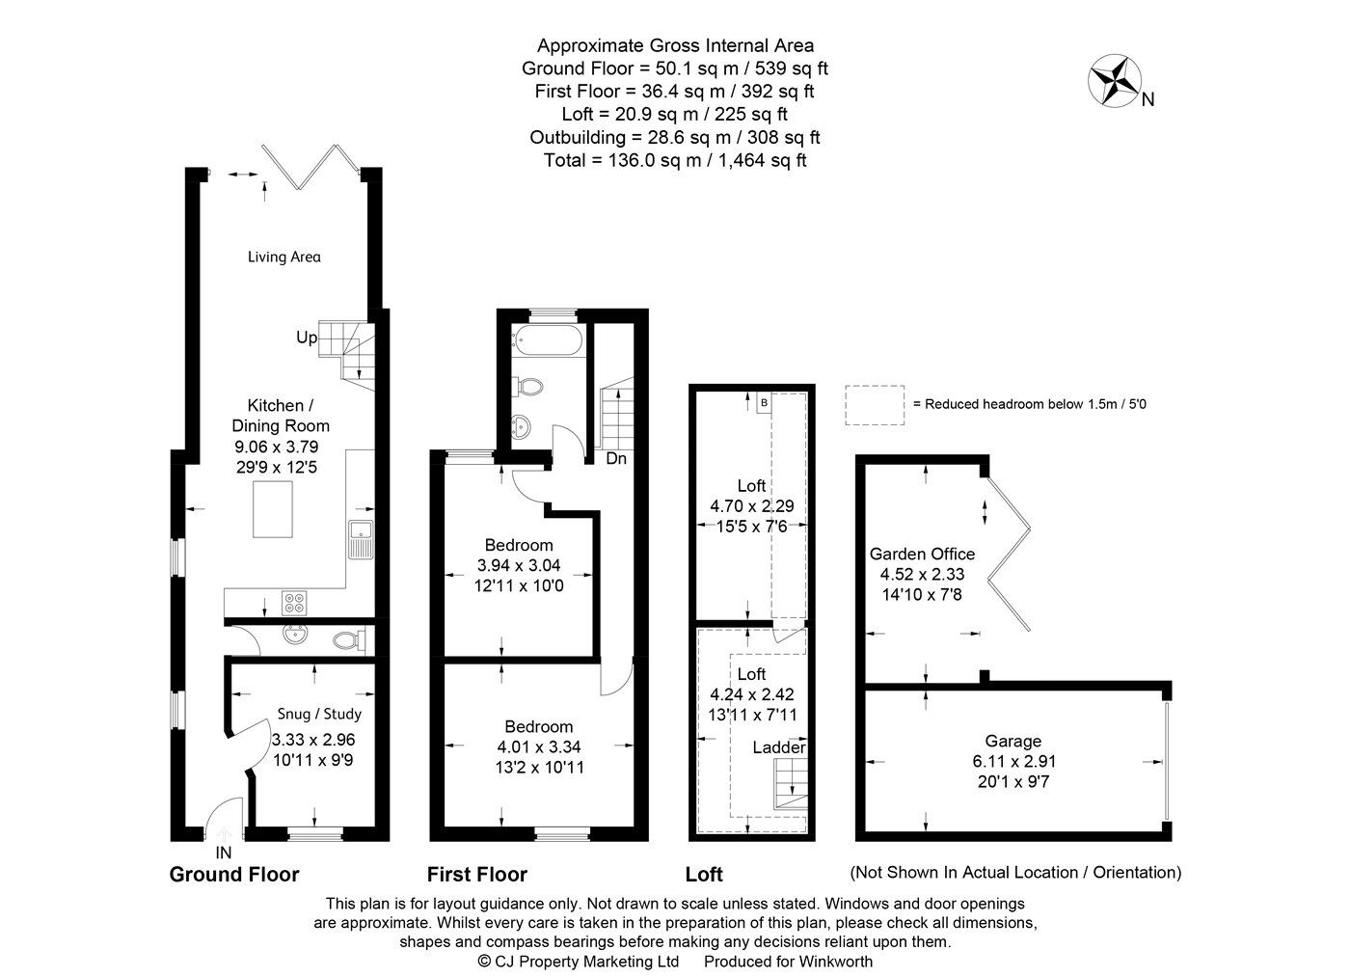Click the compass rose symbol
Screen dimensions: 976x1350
click(1115, 80)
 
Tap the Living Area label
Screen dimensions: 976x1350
click(283, 257)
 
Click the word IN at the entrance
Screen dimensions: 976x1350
click(224, 853)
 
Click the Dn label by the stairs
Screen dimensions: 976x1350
click(616, 459)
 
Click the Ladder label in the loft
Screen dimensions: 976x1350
click(778, 747)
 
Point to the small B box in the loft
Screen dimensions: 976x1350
click(764, 401)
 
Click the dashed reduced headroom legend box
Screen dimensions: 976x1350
click(876, 404)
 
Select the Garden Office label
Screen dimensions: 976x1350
click(922, 554)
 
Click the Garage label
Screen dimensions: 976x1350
click(1012, 741)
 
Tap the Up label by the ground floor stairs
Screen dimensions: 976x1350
click(307, 338)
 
